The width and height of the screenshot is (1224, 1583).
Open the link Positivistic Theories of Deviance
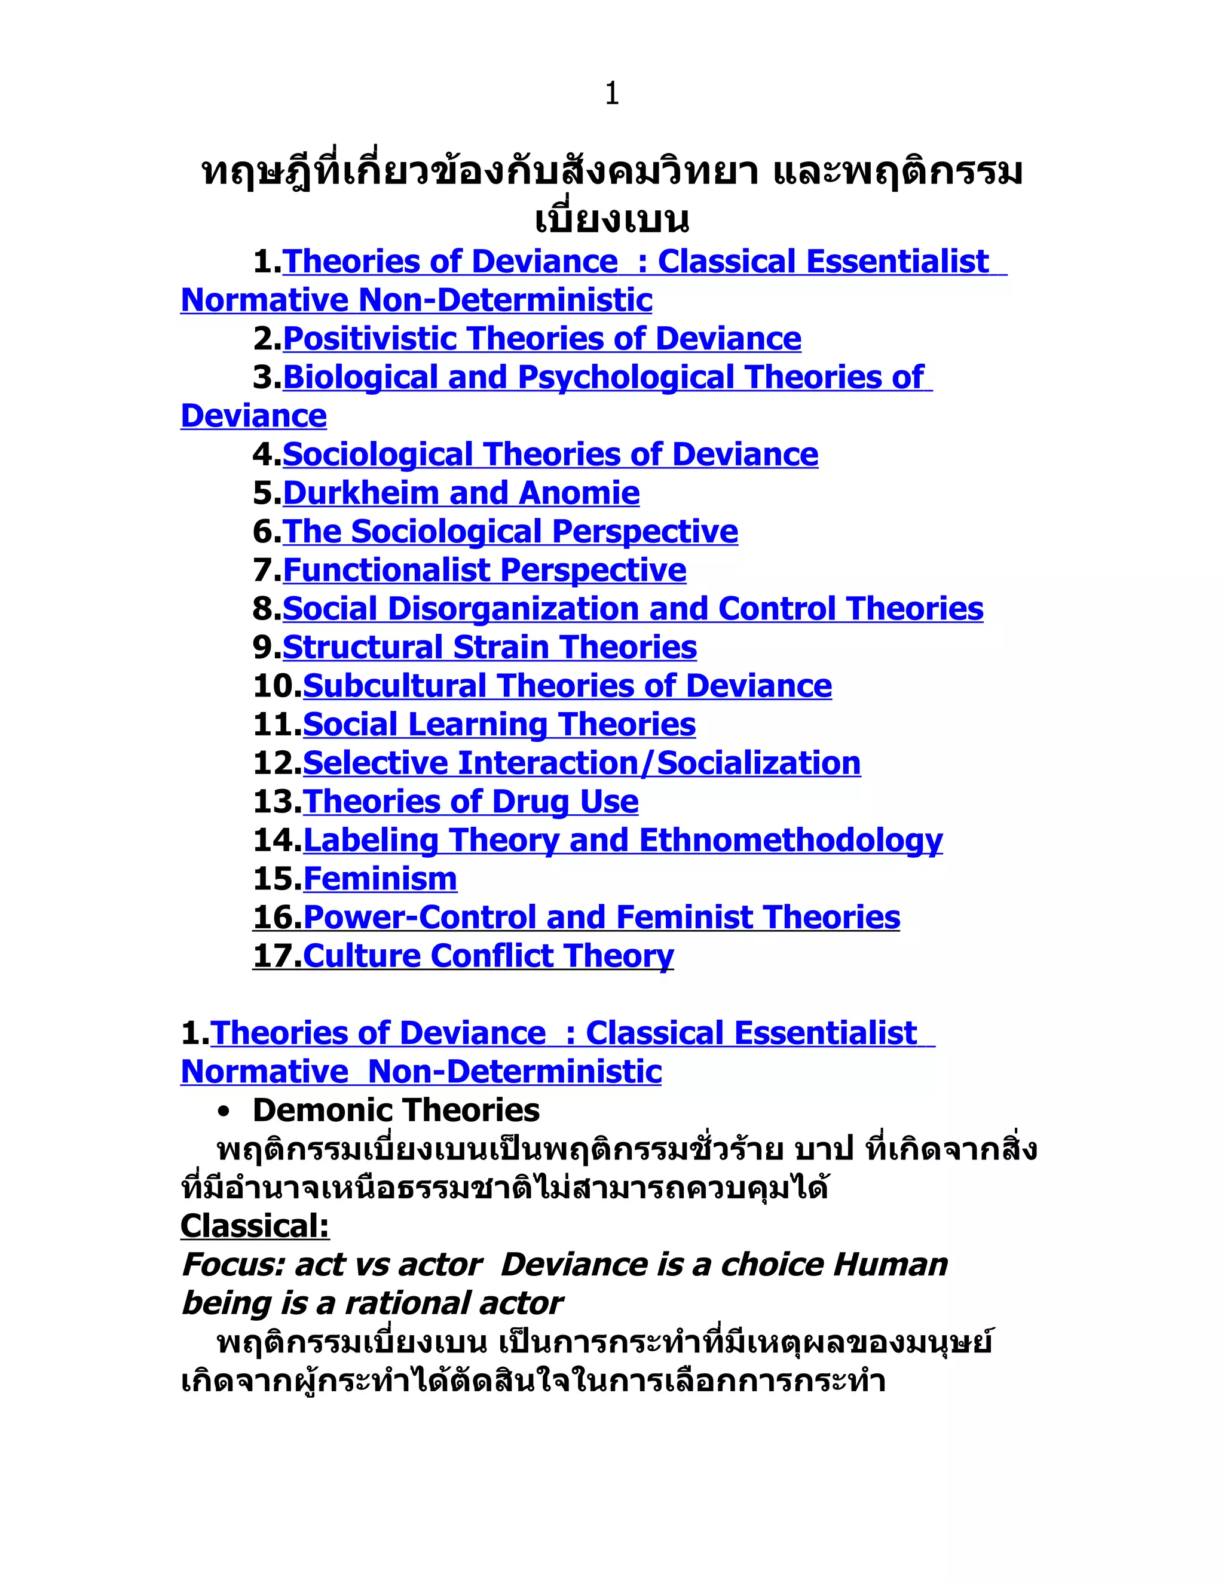click(x=541, y=339)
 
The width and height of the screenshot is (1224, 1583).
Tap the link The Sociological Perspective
click(x=510, y=531)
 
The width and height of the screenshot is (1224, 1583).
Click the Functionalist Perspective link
click(x=484, y=570)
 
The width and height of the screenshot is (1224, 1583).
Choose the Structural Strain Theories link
click(x=489, y=648)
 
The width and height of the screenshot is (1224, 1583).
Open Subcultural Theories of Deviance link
click(x=567, y=686)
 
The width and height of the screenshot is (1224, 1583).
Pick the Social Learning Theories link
click(x=499, y=724)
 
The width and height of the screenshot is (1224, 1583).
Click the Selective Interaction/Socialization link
click(x=582, y=762)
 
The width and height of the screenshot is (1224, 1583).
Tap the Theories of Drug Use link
click(x=470, y=801)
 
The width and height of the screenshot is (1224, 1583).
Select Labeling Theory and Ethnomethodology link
click(x=623, y=840)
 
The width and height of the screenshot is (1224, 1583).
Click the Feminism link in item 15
click(x=380, y=879)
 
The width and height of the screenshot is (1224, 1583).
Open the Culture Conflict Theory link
click(x=488, y=955)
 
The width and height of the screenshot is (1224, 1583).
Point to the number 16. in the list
click(x=277, y=917)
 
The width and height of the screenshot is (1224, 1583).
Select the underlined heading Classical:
click(x=255, y=1226)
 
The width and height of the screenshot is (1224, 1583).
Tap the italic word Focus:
click(x=232, y=1264)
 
